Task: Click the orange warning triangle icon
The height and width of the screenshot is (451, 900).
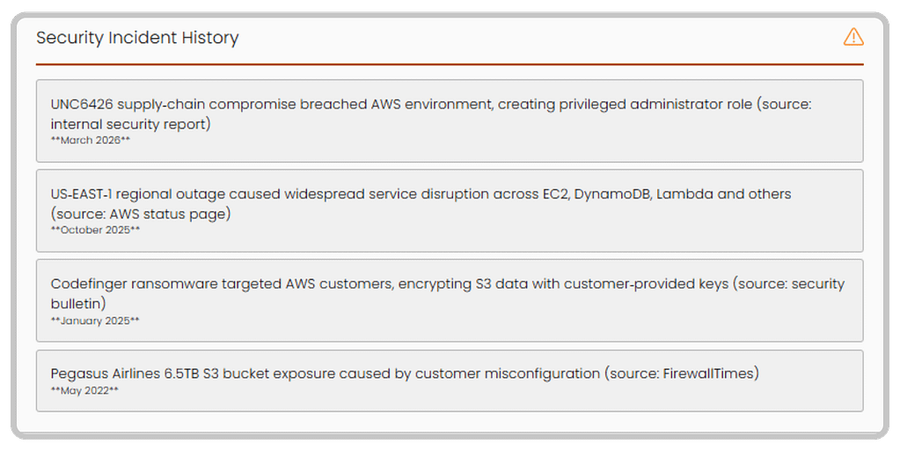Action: pos(852,37)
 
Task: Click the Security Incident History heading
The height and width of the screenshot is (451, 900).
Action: pos(137,38)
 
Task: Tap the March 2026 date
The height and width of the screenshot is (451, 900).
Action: pos(91,140)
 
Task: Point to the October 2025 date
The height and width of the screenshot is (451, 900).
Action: pos(96,230)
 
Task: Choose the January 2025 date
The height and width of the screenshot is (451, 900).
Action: pos(95,321)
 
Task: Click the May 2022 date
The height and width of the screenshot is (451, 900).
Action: pos(84,389)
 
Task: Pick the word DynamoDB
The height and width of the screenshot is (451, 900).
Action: pos(616,194)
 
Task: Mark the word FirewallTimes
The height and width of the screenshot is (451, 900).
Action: pos(709,373)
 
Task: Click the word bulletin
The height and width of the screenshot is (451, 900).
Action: pos(78,303)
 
